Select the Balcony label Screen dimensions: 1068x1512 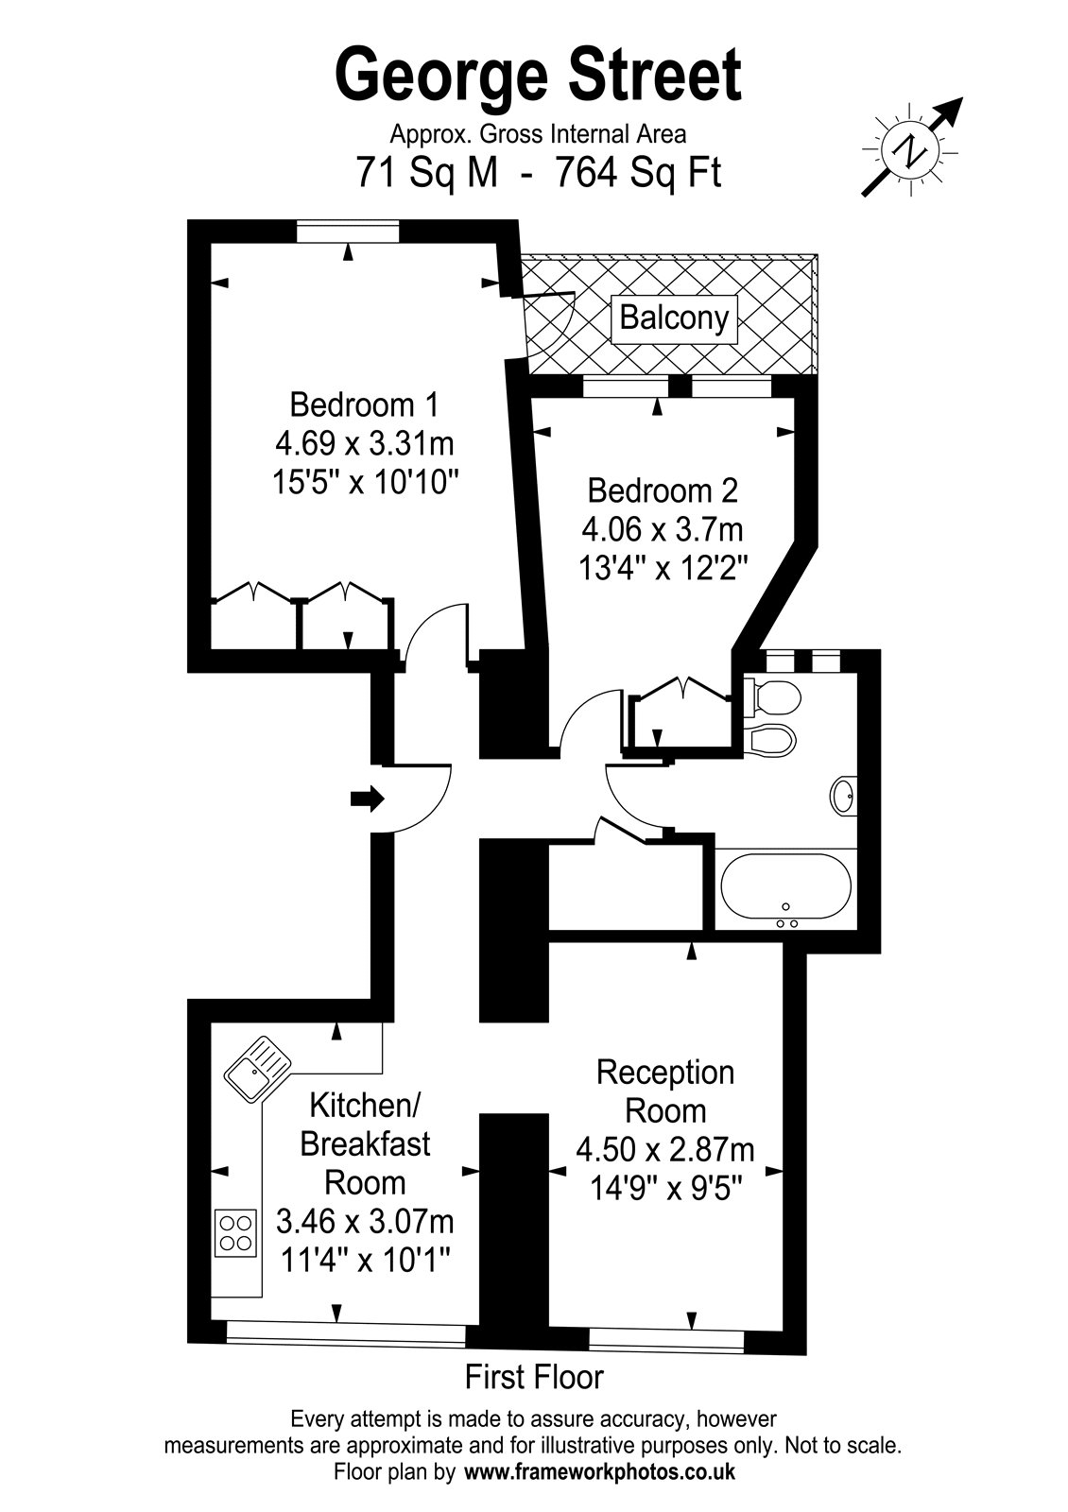pyautogui.click(x=675, y=318)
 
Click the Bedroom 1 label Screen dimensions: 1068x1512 pyautogui.click(x=364, y=405)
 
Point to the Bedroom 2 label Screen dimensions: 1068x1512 pyautogui.click(x=663, y=490)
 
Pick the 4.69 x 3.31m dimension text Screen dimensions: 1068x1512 pyautogui.click(x=364, y=444)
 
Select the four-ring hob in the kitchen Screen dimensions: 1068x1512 pyautogui.click(x=235, y=1233)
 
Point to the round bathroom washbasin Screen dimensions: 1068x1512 pyautogui.click(x=843, y=797)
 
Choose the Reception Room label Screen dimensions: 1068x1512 pyautogui.click(x=665, y=1091)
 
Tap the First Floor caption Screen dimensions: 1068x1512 pyautogui.click(x=534, y=1377)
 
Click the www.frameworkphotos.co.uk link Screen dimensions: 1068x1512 pyautogui.click(x=600, y=1471)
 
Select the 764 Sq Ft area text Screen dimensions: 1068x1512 pyautogui.click(x=637, y=172)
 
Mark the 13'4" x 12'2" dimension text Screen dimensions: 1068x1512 pyautogui.click(x=663, y=569)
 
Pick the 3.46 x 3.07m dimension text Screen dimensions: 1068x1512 pyautogui.click(x=365, y=1221)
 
